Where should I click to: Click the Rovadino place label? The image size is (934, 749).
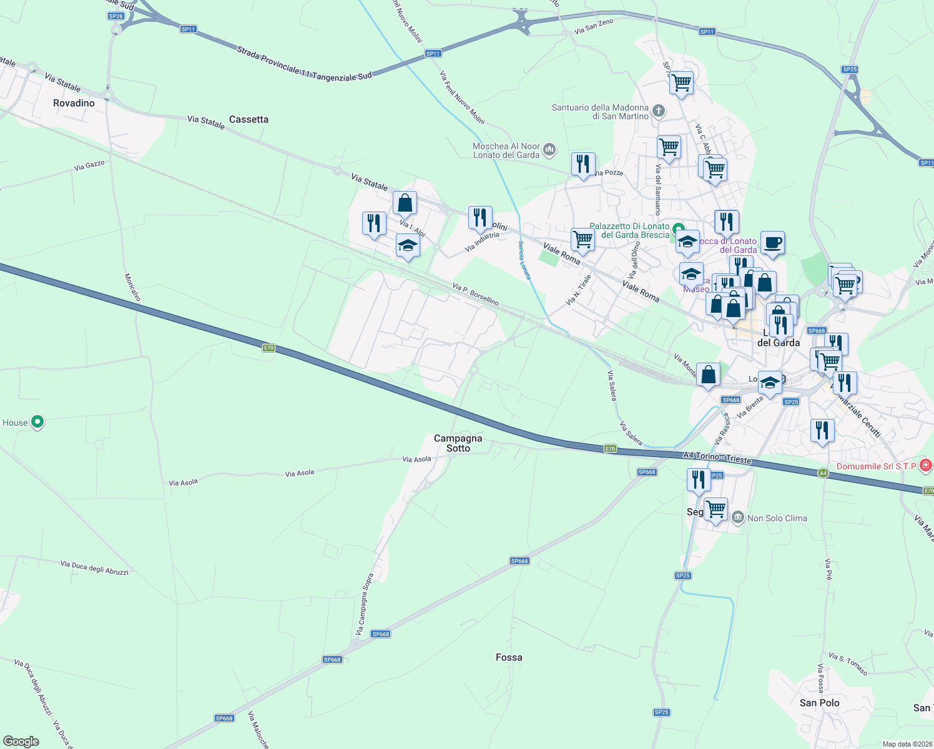[x=74, y=103]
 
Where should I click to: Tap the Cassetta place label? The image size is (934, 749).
[x=248, y=119]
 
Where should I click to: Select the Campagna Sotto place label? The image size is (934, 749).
[x=458, y=443]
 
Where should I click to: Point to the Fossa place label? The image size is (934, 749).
[x=509, y=657]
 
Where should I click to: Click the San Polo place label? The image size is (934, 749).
[x=819, y=703]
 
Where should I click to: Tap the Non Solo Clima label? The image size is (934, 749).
[x=777, y=518]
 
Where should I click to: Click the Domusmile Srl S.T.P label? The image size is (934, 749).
[x=876, y=466]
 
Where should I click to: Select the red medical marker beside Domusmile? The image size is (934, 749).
[x=926, y=466]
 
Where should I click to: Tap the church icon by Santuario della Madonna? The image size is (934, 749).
[x=659, y=112]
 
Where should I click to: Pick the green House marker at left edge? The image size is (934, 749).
[x=37, y=422]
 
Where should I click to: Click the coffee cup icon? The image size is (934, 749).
[x=772, y=243]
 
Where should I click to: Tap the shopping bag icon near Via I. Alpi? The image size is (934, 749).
[x=405, y=203]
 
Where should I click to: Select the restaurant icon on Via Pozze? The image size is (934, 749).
[x=583, y=164]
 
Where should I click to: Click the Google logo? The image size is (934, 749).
[x=21, y=742]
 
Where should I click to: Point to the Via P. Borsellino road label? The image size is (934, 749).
[x=476, y=294]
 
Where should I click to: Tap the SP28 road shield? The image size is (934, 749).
[x=116, y=16]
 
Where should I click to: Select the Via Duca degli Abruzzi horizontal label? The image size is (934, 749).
[x=94, y=567]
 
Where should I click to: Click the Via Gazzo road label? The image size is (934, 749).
[x=89, y=166]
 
